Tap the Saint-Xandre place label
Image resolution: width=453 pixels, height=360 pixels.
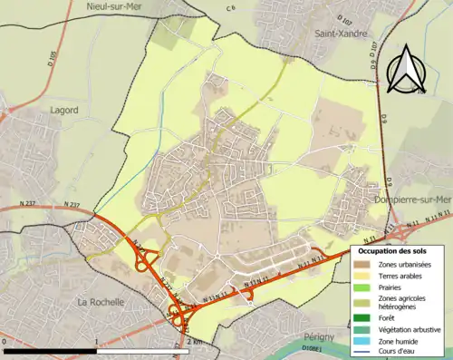pos(342,34)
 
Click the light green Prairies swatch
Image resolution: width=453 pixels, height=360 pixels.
pos(363,287)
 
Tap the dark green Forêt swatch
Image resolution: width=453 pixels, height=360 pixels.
pos(363,318)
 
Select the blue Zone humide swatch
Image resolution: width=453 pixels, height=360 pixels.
pos(363,343)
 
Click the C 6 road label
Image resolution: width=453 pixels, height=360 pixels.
pos(230,8)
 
